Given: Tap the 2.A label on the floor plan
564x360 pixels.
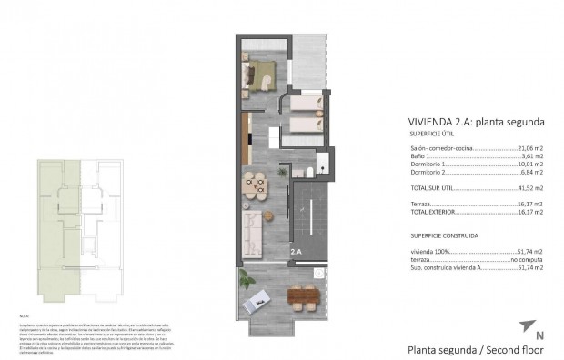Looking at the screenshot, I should [x=297, y=251].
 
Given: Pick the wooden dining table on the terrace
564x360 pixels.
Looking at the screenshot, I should [x=298, y=296].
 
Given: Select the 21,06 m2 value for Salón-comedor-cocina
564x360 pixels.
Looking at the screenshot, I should [x=530, y=147].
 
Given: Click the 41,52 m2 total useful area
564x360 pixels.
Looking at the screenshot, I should [x=530, y=186].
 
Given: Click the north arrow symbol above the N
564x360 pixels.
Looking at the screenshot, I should [x=526, y=325].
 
